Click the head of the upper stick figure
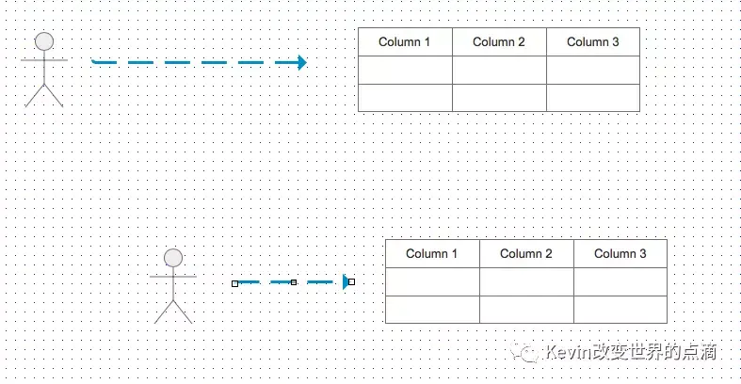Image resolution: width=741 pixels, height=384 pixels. pos(43,41)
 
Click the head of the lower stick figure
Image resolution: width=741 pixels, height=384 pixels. pos(172,258)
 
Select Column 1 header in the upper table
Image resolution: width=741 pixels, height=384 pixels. pos(405,42)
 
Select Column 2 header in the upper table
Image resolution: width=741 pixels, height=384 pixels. pos(499,42)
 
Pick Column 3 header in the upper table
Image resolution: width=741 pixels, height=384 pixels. pos(593,42)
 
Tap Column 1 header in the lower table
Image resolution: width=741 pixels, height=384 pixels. pos(432,254)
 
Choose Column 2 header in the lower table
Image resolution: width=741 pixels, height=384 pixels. pos(526,254)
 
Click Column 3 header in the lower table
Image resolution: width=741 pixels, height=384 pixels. pos(620,254)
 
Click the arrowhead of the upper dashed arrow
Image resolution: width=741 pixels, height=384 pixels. pos(301,63)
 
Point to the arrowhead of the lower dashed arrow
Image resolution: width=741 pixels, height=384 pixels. pos(346,281)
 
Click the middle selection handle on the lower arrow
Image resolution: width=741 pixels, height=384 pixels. pos(294,281)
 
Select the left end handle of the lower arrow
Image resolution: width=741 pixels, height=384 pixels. pos(235,282)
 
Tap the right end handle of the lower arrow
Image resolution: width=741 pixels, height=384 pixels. pos(351,281)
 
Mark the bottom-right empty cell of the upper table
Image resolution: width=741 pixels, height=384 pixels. pos(593,98)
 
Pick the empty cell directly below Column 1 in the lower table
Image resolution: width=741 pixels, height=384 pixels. pos(432,282)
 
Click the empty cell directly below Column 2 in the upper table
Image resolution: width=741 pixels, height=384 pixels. pos(499,71)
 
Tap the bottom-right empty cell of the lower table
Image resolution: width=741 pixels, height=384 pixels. pos(620,310)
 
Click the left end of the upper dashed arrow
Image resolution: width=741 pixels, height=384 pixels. pos(95,62)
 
